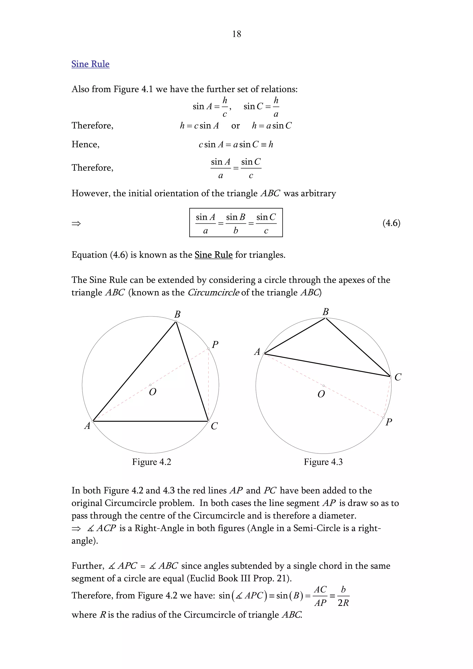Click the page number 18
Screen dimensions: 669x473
[x=236, y=34]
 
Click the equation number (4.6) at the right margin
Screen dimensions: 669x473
[x=391, y=223]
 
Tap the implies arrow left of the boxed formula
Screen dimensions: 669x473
[x=76, y=224]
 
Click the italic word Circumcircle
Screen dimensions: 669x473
[x=213, y=292]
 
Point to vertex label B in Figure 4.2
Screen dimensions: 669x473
[x=177, y=314]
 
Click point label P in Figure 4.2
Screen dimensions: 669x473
[x=215, y=345]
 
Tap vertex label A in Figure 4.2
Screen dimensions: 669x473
[x=87, y=426]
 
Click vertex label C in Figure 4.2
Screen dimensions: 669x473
[x=214, y=426]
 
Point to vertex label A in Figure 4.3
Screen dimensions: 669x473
[x=257, y=352]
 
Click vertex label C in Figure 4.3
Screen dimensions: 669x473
[x=398, y=377]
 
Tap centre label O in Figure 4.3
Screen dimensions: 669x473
[x=321, y=394]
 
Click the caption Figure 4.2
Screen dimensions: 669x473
[x=152, y=462]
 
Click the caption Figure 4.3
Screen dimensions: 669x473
[x=323, y=462]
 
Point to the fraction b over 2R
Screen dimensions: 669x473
[x=343, y=596]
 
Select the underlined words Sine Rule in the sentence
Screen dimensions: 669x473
[x=213, y=255]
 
